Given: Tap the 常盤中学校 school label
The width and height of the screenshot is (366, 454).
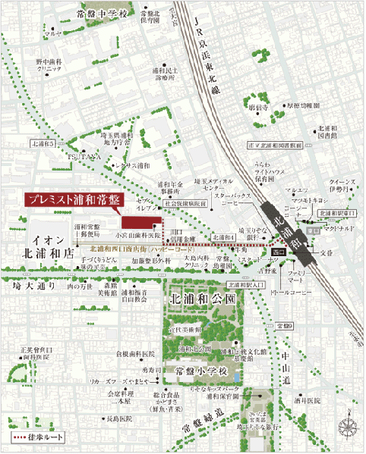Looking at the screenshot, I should click(x=90, y=14).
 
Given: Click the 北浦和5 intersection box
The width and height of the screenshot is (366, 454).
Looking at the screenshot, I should click(x=43, y=143).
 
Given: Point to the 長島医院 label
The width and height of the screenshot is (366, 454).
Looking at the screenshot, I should click(x=119, y=418).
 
